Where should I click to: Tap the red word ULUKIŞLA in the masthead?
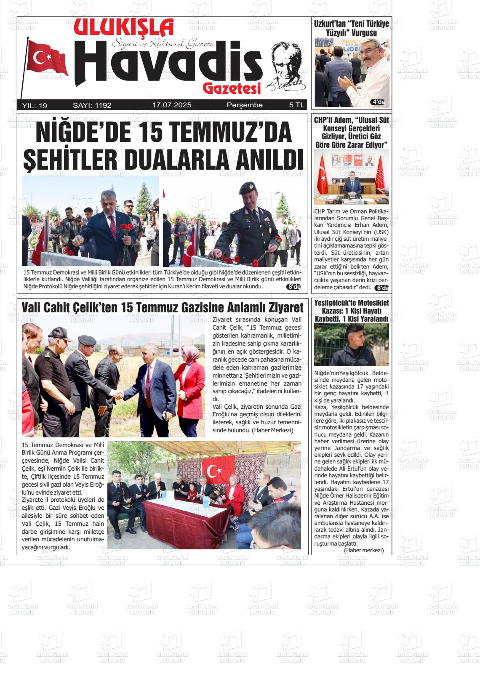click(x=124, y=28)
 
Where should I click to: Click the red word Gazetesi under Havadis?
click(x=232, y=88)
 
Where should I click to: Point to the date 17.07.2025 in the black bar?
click(x=172, y=105)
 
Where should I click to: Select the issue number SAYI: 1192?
click(x=92, y=105)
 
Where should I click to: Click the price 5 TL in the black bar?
click(x=296, y=105)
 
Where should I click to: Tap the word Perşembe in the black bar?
click(x=245, y=105)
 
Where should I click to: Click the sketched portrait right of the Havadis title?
click(x=286, y=65)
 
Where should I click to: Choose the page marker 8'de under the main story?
click(x=293, y=287)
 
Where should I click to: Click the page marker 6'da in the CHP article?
click(x=381, y=288)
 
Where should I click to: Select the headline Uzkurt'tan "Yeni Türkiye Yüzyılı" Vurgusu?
click(x=352, y=28)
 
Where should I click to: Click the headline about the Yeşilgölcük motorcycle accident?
click(x=352, y=311)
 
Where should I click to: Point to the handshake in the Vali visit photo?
click(x=120, y=395)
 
